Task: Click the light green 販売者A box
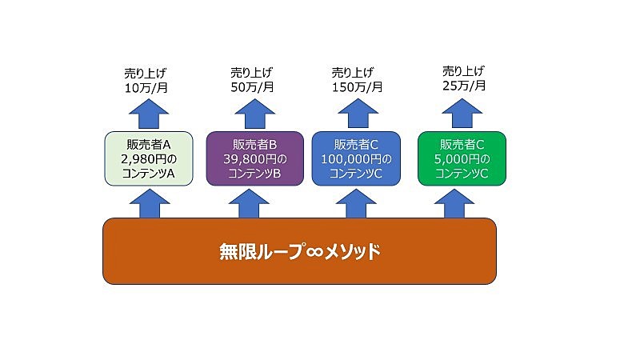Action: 149,158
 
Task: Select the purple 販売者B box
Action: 254,158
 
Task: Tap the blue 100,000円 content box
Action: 356,158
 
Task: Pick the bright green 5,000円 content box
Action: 462,158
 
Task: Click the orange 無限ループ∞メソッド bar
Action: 299,251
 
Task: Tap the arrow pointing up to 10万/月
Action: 149,114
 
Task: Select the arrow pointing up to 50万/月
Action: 254,114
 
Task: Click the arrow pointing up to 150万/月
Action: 358,114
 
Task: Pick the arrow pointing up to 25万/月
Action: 462,114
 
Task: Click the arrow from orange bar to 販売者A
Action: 150,203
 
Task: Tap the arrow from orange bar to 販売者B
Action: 249,203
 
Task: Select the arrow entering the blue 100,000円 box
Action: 356,203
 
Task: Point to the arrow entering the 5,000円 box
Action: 454,203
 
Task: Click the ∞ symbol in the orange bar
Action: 314,252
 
